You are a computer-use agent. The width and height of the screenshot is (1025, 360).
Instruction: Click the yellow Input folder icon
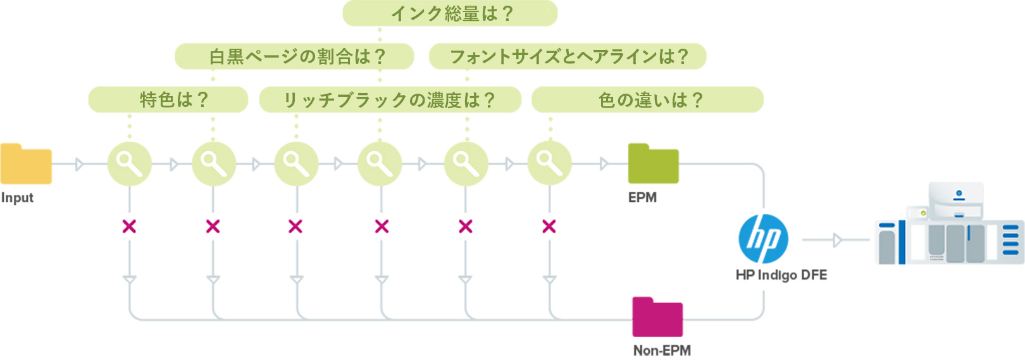pos(26,164)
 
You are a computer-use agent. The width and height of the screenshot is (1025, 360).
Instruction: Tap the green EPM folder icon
pos(653,164)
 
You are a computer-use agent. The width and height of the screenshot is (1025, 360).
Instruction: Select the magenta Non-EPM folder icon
pos(657,317)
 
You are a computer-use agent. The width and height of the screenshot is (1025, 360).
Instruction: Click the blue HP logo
pos(764,239)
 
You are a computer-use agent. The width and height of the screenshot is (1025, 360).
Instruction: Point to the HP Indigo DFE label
pos(781,275)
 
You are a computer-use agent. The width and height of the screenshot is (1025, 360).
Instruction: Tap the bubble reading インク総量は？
pos(450,13)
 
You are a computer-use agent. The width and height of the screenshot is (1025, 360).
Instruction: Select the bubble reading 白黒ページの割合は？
pos(294,56)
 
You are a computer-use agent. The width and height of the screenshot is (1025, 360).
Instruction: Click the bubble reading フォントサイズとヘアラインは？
pos(568,56)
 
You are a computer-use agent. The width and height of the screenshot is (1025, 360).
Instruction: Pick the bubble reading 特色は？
pos(168,99)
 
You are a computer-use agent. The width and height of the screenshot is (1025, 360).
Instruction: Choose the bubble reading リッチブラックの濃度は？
pos(390,99)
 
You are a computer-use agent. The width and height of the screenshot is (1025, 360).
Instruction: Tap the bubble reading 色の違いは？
pos(647,99)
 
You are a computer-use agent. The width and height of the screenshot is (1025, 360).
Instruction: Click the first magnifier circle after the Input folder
pos(129,164)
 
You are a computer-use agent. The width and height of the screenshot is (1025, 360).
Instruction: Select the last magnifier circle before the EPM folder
pos(549,164)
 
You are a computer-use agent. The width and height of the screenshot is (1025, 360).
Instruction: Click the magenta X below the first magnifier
pos(129,226)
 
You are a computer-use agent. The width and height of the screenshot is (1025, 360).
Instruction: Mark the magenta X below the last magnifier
pos(549,226)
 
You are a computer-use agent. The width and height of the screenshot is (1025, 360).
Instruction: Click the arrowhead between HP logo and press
pos(838,240)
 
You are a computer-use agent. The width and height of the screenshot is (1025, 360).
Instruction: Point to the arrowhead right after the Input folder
pos(79,164)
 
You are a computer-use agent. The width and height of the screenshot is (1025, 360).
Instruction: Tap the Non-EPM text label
pos(662,350)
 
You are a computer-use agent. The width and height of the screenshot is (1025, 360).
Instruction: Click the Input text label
pos(17,197)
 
